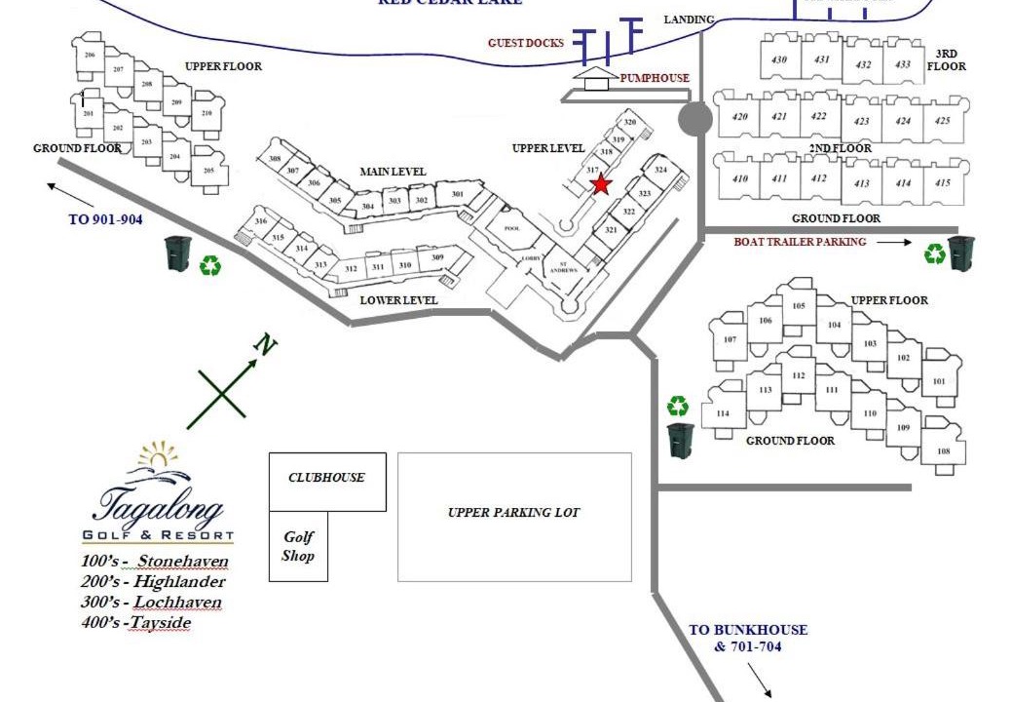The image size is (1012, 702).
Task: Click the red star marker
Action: click(x=601, y=183)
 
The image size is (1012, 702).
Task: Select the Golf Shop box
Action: click(x=298, y=547)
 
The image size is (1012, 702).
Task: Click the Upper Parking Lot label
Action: click(x=514, y=513)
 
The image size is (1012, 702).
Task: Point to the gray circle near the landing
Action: click(x=694, y=119)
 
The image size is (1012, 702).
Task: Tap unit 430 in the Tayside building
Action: click(x=779, y=59)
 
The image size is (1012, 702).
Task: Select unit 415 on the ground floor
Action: click(x=942, y=182)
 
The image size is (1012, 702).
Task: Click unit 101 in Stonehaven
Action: click(x=939, y=381)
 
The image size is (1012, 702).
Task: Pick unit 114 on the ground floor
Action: click(x=723, y=413)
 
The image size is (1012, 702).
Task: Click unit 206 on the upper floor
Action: click(x=90, y=56)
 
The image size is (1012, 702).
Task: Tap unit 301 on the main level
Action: click(x=457, y=195)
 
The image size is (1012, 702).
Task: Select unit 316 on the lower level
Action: click(x=261, y=222)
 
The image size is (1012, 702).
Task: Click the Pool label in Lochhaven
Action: click(x=512, y=228)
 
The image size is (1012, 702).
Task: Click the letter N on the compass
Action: click(x=262, y=343)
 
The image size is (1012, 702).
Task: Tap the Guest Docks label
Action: click(x=526, y=43)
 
